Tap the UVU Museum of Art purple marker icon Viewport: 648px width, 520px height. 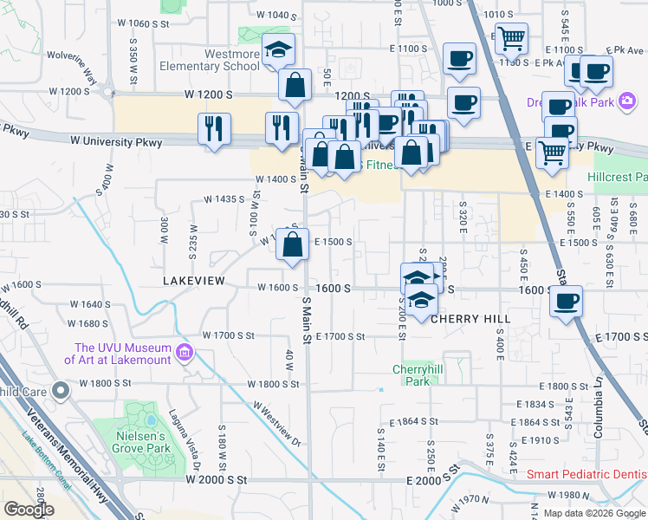(x=183, y=353)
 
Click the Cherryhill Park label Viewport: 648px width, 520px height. (x=411, y=375)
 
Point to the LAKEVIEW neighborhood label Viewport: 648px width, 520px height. (x=194, y=282)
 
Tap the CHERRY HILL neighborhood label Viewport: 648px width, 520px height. (x=470, y=319)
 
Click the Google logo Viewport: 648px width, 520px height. (x=29, y=510)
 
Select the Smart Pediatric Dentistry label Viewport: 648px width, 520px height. (x=586, y=475)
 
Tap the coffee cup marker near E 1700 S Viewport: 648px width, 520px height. (x=566, y=302)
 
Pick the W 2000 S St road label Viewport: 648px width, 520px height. (x=217, y=478)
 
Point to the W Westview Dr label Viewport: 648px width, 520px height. (x=276, y=424)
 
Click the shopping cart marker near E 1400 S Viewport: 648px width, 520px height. (x=552, y=152)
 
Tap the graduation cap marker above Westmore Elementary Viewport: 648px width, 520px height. (x=279, y=49)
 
